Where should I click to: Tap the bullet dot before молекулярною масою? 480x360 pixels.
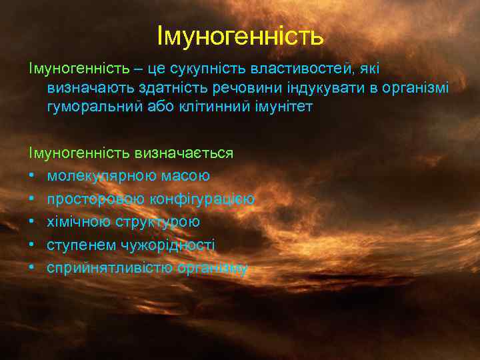coord(31,176)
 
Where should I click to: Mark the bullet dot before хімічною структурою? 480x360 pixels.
coord(31,222)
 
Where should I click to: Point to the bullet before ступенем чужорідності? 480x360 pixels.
coord(31,245)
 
